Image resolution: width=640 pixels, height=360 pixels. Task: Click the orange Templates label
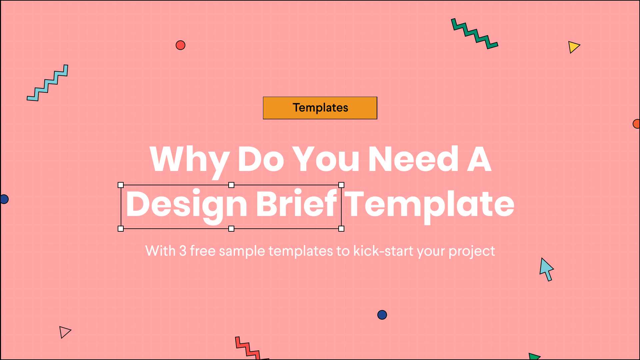pos(320,108)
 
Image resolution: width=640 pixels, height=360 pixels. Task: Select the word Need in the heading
pos(413,159)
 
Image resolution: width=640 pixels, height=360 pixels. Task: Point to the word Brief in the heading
pos(296,203)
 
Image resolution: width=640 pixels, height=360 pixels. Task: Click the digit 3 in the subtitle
pos(183,251)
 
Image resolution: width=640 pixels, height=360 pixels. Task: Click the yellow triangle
pos(573,47)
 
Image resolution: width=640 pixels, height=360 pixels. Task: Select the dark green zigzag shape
pos(474,33)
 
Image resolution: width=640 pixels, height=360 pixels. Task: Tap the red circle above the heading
pos(180,45)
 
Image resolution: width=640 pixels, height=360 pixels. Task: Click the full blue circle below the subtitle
pos(382,315)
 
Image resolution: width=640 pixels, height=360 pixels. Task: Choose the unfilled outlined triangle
pos(64,332)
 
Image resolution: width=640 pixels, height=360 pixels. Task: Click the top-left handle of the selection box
pos(121,185)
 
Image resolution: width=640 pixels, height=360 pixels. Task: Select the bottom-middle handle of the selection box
pos(231,229)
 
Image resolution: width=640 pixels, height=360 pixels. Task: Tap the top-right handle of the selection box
pos(341,185)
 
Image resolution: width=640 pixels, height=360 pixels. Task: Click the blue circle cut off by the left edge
pos(4,199)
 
